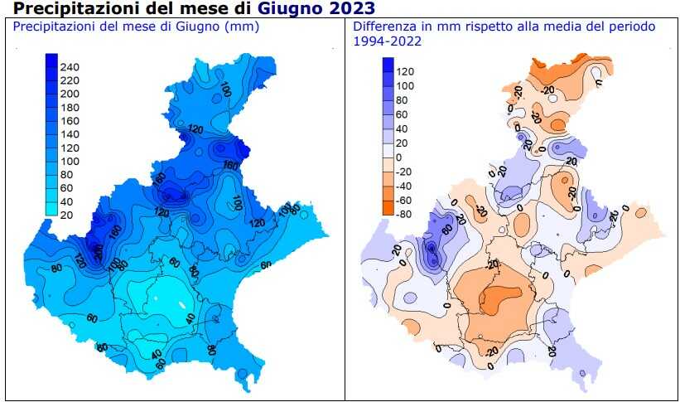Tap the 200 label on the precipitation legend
click(70, 94)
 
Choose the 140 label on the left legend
click(70, 134)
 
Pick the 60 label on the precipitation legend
click(67, 188)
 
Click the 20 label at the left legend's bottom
click(67, 215)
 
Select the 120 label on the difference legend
click(407, 72)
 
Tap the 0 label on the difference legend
click(400, 157)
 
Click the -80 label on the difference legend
click(405, 214)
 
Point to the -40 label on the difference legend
click(405, 186)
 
